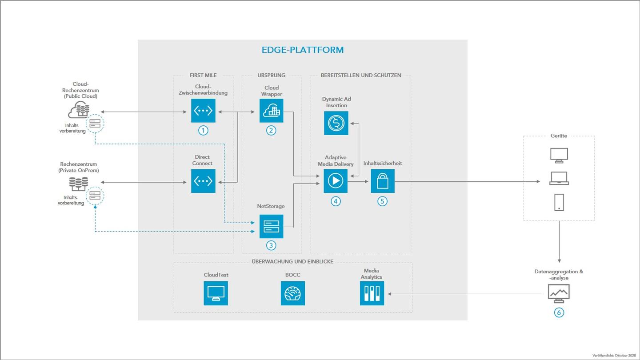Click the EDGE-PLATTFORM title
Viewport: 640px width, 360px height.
point(302,50)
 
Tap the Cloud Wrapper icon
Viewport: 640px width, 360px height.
point(272,110)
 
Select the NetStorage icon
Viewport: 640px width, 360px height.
point(272,226)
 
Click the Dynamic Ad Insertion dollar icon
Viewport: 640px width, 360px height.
point(336,123)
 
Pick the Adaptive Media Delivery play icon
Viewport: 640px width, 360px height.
point(336,181)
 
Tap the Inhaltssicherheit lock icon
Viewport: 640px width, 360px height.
point(382,181)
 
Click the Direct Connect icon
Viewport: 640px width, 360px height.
point(203,181)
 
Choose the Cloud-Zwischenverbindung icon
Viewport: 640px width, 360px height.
point(203,110)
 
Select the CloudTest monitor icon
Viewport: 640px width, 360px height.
point(216,293)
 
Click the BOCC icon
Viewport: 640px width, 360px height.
point(293,293)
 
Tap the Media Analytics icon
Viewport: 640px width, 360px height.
point(372,293)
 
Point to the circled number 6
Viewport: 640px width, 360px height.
point(559,312)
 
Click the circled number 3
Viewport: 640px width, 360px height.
point(272,245)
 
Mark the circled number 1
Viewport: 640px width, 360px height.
point(203,130)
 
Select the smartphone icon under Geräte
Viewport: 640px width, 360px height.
point(559,202)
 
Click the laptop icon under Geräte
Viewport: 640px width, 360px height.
point(559,178)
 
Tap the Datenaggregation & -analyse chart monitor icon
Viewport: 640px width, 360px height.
point(559,293)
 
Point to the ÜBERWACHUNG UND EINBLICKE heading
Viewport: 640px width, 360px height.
point(292,261)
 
